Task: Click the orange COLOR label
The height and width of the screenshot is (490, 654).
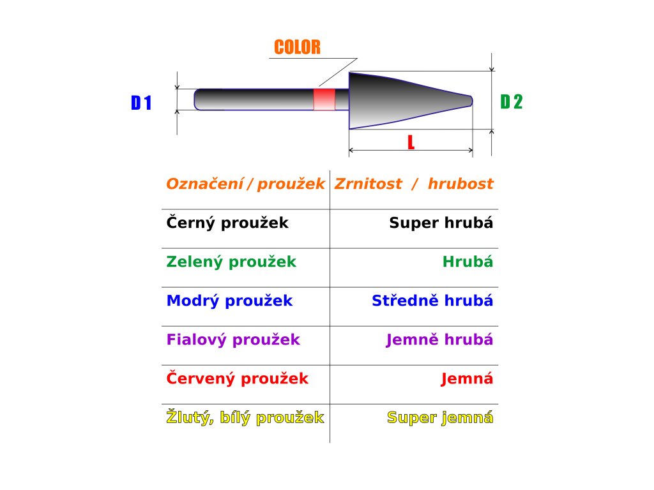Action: (297, 47)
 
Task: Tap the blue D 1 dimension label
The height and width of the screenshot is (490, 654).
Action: (141, 103)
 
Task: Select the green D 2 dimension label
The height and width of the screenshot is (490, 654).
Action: (511, 101)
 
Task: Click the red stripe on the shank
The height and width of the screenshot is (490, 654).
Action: (324, 100)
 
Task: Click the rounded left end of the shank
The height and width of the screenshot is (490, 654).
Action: (199, 99)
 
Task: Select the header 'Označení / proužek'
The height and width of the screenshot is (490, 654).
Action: (245, 184)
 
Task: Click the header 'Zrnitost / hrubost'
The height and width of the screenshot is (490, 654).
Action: (414, 184)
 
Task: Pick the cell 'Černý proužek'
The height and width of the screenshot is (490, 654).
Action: (227, 223)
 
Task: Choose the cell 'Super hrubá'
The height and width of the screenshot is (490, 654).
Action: (441, 223)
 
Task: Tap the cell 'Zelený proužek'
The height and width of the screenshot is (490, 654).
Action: (231, 262)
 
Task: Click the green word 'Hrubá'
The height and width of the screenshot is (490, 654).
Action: (468, 262)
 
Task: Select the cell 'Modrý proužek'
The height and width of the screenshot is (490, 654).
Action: (229, 301)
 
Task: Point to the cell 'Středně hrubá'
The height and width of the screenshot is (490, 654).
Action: (432, 301)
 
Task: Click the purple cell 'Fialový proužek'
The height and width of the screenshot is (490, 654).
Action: (233, 340)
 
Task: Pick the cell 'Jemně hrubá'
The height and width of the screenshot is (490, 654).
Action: (439, 340)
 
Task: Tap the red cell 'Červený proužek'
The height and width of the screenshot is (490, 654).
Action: (237, 379)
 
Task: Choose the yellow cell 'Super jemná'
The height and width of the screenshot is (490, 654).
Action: (440, 418)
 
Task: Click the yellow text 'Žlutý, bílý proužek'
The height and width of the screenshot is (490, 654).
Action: (245, 418)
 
